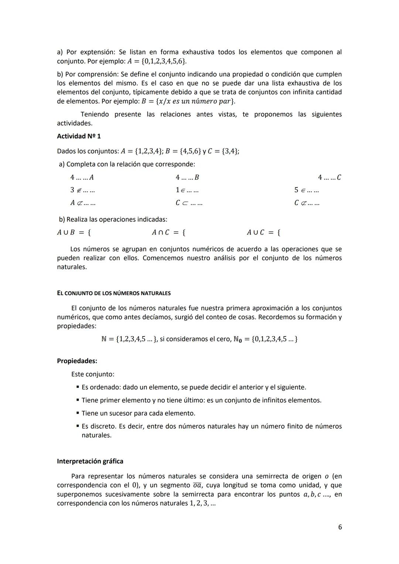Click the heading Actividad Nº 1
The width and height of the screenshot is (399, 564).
[x=79, y=136]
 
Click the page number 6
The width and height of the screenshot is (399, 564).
[x=340, y=527]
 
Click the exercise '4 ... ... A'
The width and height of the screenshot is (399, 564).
[x=82, y=177]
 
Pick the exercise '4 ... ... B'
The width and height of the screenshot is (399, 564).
[x=187, y=177]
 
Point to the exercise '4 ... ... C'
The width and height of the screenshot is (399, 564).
[x=330, y=177]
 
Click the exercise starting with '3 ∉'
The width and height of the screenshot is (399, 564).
[x=82, y=190]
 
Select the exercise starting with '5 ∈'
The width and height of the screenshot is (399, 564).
[x=307, y=190]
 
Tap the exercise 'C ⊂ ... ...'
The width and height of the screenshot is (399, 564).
[x=189, y=203]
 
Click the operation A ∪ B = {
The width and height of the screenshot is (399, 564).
[x=74, y=233]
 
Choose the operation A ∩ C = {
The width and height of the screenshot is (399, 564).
[x=168, y=233]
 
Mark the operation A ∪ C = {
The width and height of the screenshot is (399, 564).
[x=263, y=233]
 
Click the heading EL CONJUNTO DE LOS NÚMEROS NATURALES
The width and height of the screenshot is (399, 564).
[x=114, y=293]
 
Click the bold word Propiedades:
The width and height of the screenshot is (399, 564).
[x=77, y=361]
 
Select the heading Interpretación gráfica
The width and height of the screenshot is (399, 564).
[x=90, y=461]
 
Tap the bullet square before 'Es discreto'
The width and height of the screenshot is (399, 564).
[x=78, y=426]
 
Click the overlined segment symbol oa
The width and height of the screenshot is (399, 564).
[x=197, y=485]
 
